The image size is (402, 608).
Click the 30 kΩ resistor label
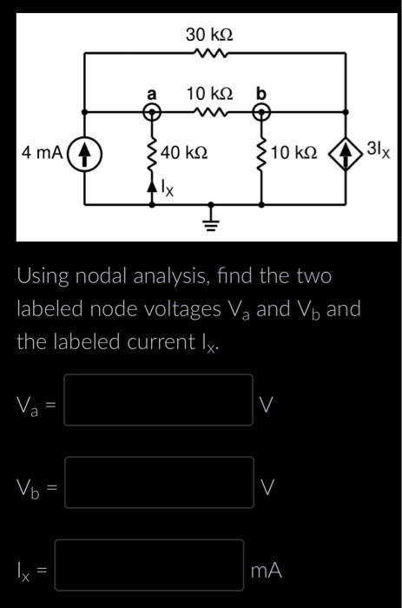coord(209,35)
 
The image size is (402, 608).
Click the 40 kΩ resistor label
coord(184,153)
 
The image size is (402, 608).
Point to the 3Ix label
coord(378,151)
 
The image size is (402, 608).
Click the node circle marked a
coord(153,111)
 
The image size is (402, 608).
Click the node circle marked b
coord(261,111)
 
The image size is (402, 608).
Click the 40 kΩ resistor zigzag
coord(153,153)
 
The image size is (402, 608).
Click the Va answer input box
coord(158,400)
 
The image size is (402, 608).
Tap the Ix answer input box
coord(149,566)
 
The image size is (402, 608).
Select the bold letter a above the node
coord(152,92)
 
